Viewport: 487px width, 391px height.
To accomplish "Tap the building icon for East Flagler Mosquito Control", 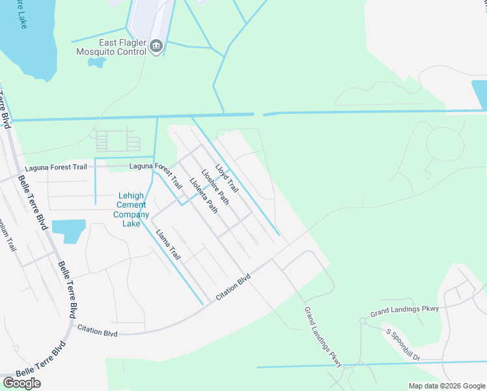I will (156, 46).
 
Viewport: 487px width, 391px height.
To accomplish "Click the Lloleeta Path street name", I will (203, 195).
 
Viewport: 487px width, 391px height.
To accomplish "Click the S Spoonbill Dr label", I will (413, 344).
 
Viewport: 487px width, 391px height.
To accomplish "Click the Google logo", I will (21, 383).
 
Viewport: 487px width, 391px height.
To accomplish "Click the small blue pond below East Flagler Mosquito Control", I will (97, 63).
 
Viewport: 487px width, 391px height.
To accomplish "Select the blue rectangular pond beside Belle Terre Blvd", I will (68, 229).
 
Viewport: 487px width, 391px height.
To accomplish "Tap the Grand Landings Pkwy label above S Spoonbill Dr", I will (404, 311).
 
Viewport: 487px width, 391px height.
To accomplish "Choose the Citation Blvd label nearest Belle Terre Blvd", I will (97, 332).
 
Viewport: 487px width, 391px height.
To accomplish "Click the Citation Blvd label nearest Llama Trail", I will (233, 287).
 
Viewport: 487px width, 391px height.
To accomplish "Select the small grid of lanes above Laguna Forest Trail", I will (118, 141).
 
